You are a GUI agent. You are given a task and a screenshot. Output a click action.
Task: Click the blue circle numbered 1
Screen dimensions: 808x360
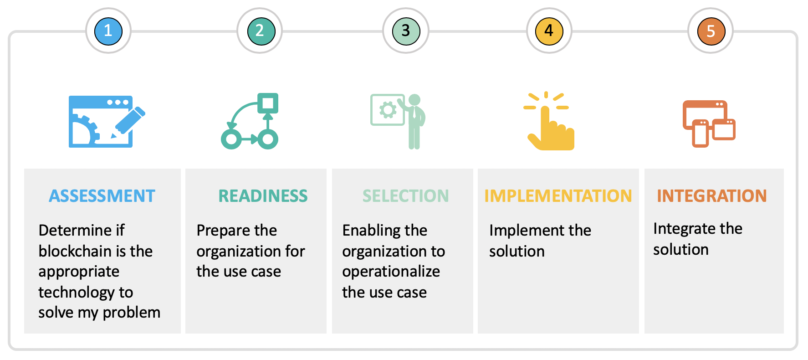pos(108,31)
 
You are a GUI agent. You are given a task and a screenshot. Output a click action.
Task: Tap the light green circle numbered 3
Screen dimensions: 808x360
pos(406,31)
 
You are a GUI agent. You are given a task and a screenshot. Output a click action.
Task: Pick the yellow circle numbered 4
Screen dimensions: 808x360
pos(549,31)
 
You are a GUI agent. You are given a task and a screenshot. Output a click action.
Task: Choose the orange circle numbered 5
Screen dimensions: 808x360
pos(711,31)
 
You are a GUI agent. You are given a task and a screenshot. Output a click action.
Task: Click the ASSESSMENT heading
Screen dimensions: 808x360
pos(102,196)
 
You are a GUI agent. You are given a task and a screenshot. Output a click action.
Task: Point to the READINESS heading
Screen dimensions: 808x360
pos(263,196)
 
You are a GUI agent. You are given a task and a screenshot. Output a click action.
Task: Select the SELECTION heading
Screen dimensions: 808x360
pos(405,196)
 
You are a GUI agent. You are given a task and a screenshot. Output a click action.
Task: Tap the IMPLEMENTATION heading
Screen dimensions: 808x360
pos(558,196)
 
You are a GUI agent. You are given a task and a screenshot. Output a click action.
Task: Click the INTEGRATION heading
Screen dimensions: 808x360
pos(711,196)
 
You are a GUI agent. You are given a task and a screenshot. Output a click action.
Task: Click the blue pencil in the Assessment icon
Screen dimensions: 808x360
pos(128,122)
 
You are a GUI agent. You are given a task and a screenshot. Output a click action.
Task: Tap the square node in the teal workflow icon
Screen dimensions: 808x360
pos(268,103)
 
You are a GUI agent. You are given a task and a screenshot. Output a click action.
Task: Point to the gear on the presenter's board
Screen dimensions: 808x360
pos(388,110)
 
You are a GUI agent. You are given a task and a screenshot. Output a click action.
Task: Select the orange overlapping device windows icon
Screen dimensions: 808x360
pos(709,123)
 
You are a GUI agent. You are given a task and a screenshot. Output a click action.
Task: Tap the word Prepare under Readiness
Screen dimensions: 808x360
pos(224,231)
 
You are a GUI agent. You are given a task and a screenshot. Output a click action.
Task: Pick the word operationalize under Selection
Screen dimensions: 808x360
pos(391,272)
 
